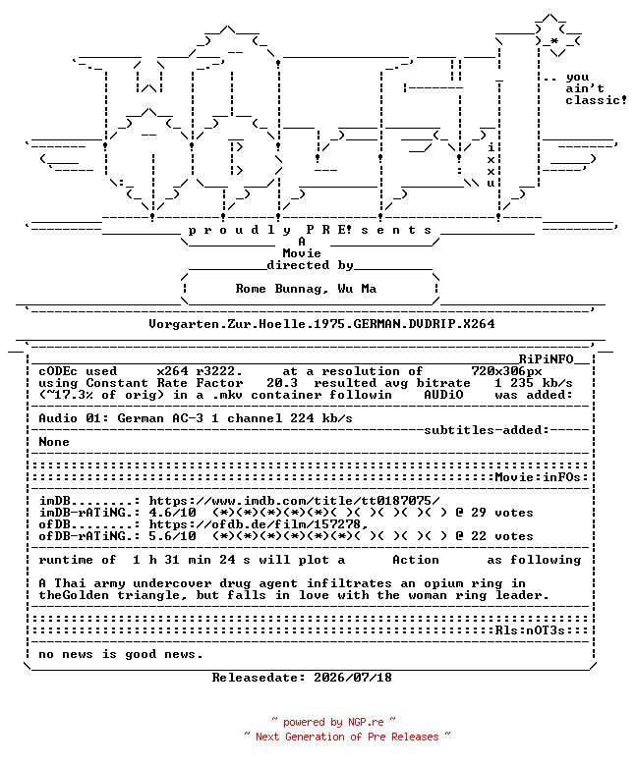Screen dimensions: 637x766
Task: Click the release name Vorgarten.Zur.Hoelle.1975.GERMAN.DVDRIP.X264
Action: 321,324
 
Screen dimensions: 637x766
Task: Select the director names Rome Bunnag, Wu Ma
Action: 306,289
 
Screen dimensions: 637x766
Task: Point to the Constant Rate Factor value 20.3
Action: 282,383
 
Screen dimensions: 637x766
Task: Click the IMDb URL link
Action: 294,501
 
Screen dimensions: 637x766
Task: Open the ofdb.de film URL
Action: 259,524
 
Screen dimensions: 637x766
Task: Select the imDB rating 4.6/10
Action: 173,513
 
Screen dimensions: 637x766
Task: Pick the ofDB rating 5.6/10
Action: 173,536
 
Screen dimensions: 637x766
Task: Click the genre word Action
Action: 416,560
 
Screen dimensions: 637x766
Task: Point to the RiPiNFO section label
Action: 546,359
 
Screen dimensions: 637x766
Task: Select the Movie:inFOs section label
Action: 538,477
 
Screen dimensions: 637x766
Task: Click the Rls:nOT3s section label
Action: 530,630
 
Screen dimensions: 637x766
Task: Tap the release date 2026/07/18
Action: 353,678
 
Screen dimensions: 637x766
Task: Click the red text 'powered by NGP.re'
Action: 333,722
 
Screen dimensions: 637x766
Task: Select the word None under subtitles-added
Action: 54,442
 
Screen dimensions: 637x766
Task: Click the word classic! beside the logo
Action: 597,100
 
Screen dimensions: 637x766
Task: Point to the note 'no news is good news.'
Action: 120,654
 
